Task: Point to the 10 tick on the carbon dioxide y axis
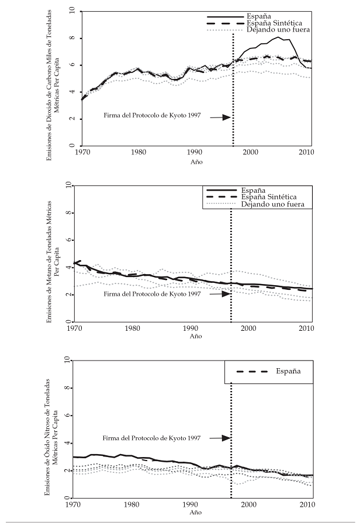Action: click(71, 11)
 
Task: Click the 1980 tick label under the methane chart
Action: click(132, 328)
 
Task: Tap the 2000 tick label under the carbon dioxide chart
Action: click(251, 153)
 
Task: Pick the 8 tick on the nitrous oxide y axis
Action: click(69, 389)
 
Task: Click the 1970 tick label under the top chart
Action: click(82, 153)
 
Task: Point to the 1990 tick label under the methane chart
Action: click(191, 328)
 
